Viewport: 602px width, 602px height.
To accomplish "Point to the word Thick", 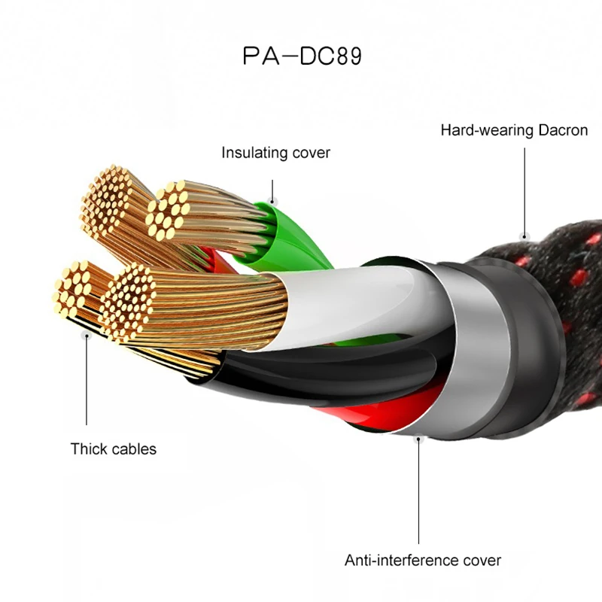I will point(88,449).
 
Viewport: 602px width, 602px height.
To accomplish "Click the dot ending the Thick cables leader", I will point(87,336).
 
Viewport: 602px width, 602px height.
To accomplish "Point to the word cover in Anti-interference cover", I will point(481,560).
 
